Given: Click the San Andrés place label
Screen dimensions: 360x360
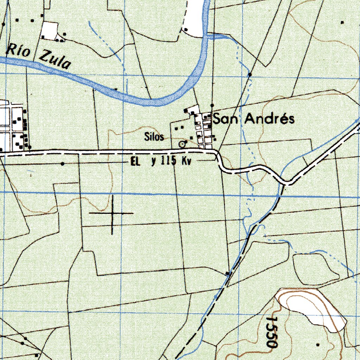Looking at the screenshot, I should click(254, 119).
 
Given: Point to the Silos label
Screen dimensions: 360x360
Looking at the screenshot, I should click(154, 137).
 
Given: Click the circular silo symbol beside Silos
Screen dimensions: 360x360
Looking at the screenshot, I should click(182, 144).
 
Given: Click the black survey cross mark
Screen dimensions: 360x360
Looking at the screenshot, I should click(112, 213).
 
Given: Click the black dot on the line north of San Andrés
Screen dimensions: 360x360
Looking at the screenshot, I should click(212, 105).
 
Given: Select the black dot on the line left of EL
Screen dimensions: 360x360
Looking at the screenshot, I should click(63, 164).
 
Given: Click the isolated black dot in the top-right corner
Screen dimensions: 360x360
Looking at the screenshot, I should click(342, 22).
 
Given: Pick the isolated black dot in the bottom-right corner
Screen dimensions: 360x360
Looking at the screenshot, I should click(318, 344).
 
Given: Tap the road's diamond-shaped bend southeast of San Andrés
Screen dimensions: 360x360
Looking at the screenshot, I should click(288, 182).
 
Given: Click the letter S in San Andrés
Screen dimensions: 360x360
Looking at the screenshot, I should click(217, 119).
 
